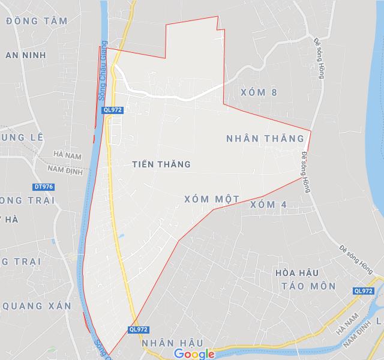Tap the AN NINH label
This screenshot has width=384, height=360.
coord(25,55)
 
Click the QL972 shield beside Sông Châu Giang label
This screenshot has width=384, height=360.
coord(112,110)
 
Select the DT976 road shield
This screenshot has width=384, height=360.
coord(44,187)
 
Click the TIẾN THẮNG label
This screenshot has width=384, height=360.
coord(160,164)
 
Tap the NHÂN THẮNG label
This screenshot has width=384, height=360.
coord(265,139)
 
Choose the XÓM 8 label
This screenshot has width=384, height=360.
coord(259,92)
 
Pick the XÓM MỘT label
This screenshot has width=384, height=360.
coord(212,199)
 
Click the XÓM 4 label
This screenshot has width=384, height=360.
coord(268,205)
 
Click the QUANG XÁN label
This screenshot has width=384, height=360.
coord(37,306)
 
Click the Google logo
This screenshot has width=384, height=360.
coord(194,354)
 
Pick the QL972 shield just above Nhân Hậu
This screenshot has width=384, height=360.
coord(138,329)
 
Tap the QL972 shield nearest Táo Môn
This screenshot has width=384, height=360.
coord(364,291)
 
